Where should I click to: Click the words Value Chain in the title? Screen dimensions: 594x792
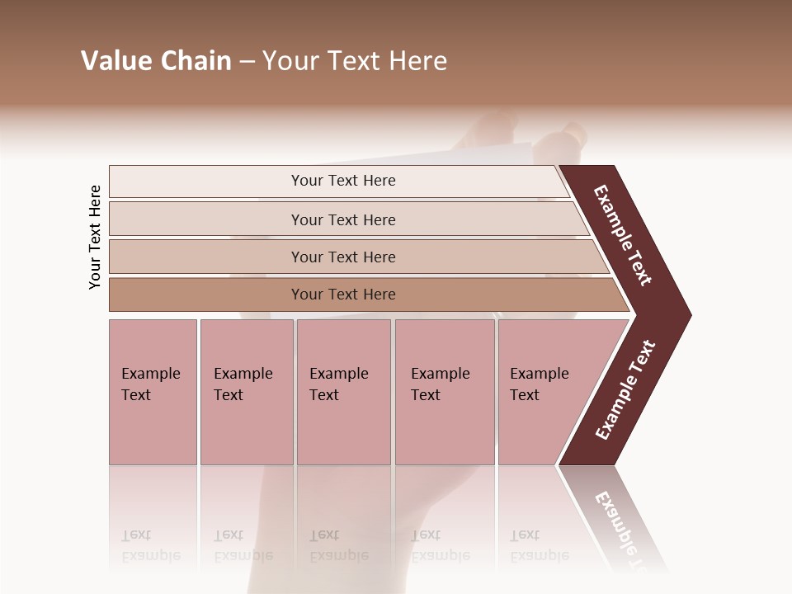pyautogui.click(x=156, y=61)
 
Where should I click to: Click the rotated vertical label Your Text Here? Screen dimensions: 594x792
pyautogui.click(x=95, y=237)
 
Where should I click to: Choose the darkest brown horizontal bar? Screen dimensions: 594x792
pyautogui.click(x=206, y=295)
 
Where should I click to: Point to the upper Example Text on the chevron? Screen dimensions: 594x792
pyautogui.click(x=623, y=235)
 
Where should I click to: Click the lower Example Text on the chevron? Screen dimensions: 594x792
pyautogui.click(x=625, y=389)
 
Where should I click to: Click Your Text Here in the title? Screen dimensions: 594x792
pyautogui.click(x=355, y=61)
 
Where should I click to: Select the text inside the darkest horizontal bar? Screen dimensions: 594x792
pyautogui.click(x=343, y=295)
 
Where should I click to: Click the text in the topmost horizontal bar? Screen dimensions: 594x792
pyautogui.click(x=343, y=181)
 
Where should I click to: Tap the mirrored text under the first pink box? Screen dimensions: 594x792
pyautogui.click(x=150, y=545)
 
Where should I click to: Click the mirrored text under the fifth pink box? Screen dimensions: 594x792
pyautogui.click(x=539, y=545)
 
